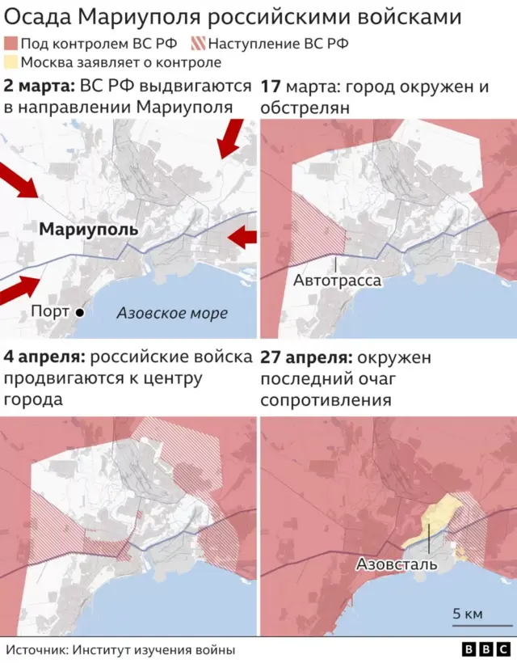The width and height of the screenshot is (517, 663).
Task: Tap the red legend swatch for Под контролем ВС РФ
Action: [x=10, y=44]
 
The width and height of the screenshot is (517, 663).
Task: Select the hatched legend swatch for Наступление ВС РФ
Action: [x=197, y=44]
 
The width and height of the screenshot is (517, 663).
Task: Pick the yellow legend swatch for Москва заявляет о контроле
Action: [x=10, y=62]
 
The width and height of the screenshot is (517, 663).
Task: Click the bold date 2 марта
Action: [x=39, y=87]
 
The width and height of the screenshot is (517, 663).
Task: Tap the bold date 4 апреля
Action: [x=44, y=357]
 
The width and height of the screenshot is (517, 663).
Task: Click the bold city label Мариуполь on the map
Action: [x=89, y=230]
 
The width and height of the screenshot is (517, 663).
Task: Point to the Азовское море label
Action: [x=172, y=313]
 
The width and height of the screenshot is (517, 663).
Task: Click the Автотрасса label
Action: [x=336, y=281]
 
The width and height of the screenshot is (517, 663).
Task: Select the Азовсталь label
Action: [x=397, y=564]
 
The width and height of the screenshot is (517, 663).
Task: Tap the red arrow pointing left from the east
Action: [x=242, y=237]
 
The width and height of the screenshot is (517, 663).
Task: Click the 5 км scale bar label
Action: [x=468, y=614]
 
